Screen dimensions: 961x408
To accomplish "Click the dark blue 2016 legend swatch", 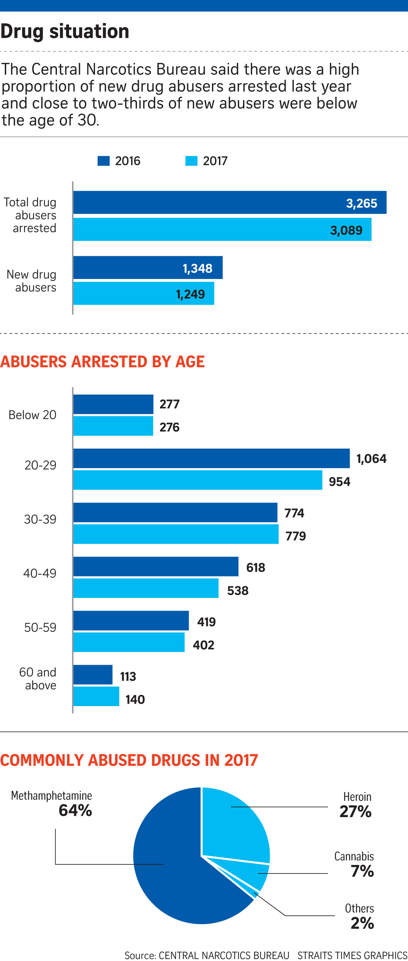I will click(103, 161).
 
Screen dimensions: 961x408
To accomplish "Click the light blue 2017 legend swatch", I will click(191, 161).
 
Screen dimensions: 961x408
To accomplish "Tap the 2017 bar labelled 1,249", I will click(143, 294).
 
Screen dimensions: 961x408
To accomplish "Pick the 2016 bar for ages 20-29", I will click(211, 458).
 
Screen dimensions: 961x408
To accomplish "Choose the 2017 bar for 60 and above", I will click(96, 696).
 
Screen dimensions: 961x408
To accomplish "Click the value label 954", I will click(339, 481).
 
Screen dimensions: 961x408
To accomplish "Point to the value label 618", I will click(255, 567).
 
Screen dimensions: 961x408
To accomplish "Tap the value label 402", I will click(203, 645).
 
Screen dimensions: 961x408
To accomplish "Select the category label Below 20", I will click(33, 415).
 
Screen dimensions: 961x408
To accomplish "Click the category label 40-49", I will click(40, 573).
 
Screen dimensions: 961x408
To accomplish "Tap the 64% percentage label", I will click(75, 810).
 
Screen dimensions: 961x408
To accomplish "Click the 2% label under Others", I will click(362, 923).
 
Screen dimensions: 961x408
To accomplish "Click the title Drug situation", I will click(65, 31).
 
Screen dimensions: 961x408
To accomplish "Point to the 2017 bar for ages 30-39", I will click(176, 534).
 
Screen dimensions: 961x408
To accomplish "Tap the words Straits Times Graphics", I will click(352, 955).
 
